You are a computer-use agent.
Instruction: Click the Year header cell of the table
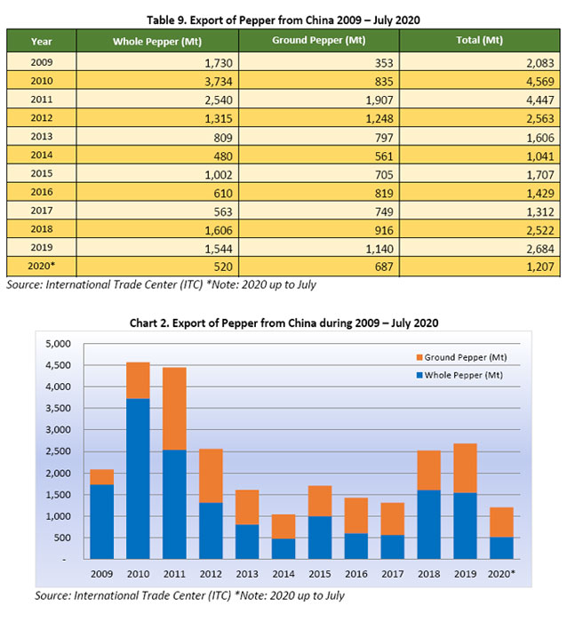pyautogui.click(x=41, y=41)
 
